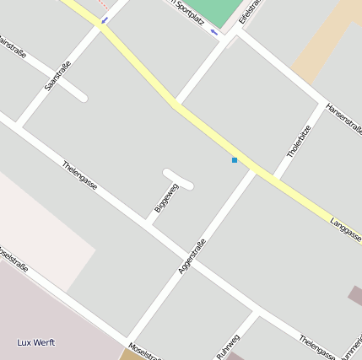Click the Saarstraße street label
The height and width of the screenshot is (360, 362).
[57, 76]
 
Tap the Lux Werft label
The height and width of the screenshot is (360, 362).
[36, 342]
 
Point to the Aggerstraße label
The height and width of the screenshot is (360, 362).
[192, 256]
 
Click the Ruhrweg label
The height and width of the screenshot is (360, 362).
[228, 347]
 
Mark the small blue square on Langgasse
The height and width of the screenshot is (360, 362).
[235, 160]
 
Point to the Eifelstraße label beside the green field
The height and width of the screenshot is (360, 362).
[247, 13]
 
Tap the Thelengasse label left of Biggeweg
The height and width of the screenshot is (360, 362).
[80, 175]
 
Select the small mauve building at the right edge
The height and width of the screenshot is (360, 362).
[356, 295]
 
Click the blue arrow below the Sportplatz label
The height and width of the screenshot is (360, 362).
[214, 32]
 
